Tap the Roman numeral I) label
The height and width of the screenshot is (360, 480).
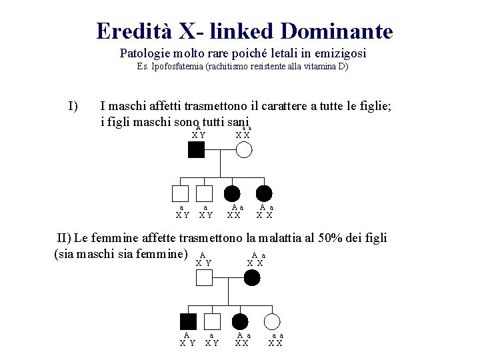73,105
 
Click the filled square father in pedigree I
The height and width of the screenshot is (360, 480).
196,150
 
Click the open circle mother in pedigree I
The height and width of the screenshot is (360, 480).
244,150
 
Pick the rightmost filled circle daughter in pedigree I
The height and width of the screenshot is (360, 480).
265,194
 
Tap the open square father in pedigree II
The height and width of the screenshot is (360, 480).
205,277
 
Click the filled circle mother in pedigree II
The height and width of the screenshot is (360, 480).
251,277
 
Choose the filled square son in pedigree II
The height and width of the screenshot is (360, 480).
189,321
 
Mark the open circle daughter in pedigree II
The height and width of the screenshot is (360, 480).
272,321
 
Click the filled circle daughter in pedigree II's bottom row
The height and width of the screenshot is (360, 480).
240,321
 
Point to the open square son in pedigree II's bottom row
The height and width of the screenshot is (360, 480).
212,321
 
